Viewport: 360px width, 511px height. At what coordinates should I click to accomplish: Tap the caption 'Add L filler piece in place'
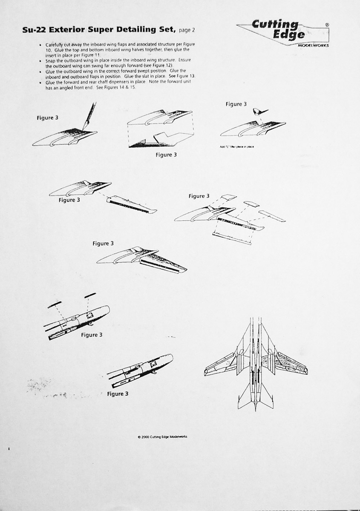237,147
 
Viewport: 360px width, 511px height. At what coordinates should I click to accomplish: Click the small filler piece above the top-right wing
256,112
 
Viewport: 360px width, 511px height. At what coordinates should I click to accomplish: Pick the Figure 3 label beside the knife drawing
47,118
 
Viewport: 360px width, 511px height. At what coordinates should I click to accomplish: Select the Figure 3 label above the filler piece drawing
236,104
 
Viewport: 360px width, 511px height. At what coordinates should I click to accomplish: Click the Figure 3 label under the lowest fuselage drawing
118,394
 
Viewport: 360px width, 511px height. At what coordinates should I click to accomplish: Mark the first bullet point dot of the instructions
40,45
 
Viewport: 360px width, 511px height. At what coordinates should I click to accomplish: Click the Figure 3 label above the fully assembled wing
103,244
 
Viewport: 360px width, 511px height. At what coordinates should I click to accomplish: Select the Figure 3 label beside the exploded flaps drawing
199,196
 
